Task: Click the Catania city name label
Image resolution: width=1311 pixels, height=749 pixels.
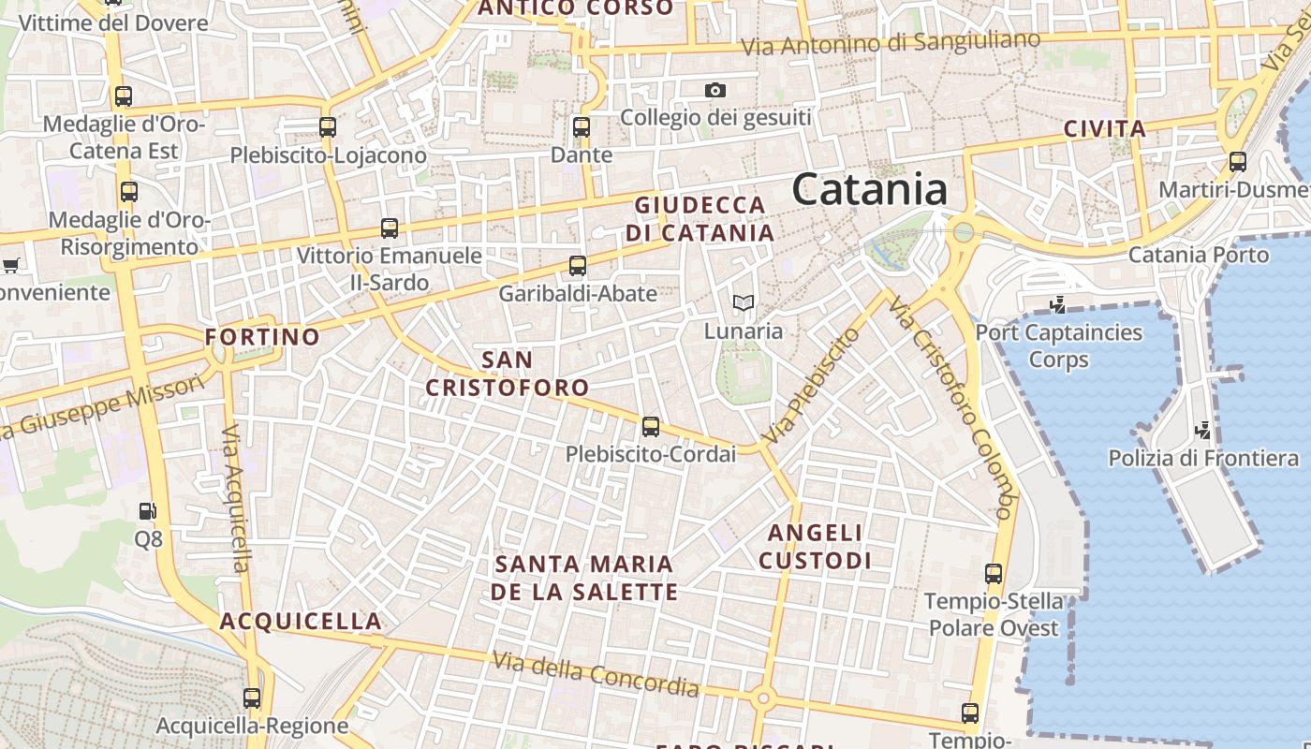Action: (869, 190)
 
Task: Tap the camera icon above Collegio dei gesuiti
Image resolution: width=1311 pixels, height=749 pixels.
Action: (715, 90)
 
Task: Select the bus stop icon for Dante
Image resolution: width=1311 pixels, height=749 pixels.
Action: (582, 126)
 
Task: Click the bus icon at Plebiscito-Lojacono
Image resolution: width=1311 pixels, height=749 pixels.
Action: (327, 126)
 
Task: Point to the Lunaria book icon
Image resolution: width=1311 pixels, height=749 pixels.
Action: (743, 302)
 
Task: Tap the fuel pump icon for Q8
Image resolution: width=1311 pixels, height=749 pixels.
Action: (147, 511)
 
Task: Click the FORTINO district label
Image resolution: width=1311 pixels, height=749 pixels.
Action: (262, 336)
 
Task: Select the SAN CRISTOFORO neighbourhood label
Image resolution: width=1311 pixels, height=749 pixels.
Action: (508, 373)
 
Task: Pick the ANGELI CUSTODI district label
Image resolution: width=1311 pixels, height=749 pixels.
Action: (815, 547)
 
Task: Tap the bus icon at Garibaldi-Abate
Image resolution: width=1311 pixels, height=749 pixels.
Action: (578, 265)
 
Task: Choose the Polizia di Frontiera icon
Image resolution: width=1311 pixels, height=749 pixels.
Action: (1202, 431)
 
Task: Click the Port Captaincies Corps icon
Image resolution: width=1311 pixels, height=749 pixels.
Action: (1058, 304)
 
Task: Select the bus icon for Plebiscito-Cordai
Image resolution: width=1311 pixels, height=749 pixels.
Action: (651, 427)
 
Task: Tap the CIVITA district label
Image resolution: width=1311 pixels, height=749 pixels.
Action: (1105, 129)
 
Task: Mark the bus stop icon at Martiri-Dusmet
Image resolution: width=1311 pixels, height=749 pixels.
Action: (1238, 162)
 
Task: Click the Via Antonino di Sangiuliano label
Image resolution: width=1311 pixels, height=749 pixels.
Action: (891, 43)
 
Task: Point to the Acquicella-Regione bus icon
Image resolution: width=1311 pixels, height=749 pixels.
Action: (252, 698)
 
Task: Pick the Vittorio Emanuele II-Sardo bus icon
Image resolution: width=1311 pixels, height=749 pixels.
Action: (390, 228)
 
